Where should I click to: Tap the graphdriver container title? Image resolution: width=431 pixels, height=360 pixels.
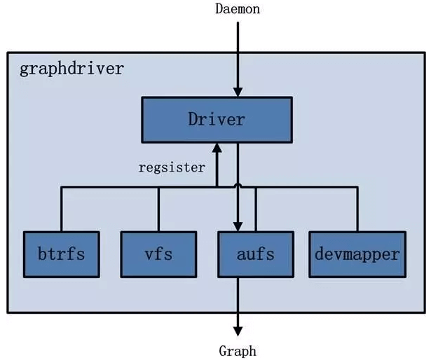point(71,69)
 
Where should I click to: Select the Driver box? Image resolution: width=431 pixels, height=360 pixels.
point(217,119)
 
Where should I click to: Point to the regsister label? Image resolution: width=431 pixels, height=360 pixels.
point(172,168)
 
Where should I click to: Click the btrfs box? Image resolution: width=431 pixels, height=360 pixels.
point(61,253)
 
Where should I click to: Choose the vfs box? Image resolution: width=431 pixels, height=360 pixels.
point(158,253)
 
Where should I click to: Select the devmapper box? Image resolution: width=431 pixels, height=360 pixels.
point(357,253)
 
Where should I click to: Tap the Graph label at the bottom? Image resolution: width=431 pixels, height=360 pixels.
point(238,350)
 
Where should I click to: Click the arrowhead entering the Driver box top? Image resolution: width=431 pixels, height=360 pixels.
point(238,92)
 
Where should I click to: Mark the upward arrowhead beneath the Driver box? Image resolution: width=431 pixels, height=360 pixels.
point(217,148)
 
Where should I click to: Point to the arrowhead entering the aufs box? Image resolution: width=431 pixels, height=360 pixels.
point(238,226)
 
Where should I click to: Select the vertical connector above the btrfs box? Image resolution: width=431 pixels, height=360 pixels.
point(61,209)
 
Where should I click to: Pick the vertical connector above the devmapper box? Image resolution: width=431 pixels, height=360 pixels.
point(357,209)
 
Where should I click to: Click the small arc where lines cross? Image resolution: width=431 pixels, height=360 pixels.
point(238,186)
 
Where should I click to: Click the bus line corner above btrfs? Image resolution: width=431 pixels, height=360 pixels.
point(61,187)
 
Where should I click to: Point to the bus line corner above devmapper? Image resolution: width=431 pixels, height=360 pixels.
point(357,187)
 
